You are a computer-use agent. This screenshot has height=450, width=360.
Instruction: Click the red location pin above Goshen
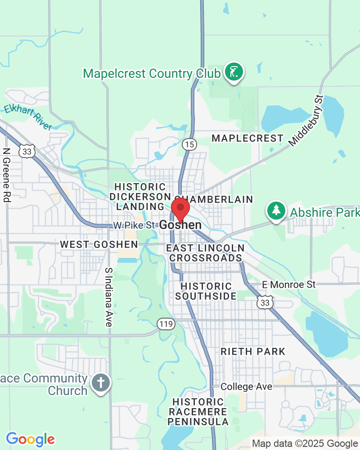point(180,208)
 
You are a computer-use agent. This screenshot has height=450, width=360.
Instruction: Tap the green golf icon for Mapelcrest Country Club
point(234,72)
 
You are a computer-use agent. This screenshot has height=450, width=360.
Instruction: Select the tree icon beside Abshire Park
point(276,210)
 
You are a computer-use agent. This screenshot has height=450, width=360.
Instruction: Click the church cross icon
point(101,383)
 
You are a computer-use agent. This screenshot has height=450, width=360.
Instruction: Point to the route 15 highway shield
point(189,144)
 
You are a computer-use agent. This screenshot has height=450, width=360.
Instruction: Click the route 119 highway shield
point(166,323)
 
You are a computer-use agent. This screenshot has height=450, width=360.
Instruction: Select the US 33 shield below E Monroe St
point(265,303)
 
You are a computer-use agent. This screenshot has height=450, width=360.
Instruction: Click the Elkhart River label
point(28,117)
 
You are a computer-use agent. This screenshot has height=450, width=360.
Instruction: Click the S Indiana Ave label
point(108,297)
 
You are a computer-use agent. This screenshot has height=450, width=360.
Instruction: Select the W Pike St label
point(134,225)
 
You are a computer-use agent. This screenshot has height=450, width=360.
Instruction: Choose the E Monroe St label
point(289,284)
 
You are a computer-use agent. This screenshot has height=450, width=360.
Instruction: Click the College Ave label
point(246,387)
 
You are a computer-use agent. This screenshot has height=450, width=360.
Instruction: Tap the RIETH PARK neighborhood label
point(253,351)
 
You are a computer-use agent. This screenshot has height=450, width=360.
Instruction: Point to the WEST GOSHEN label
point(99,244)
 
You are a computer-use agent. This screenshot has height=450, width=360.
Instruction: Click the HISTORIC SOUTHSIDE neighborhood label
point(206,291)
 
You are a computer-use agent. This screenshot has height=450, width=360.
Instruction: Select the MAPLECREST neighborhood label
point(247,138)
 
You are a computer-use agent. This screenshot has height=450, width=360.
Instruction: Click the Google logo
point(30,439)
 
